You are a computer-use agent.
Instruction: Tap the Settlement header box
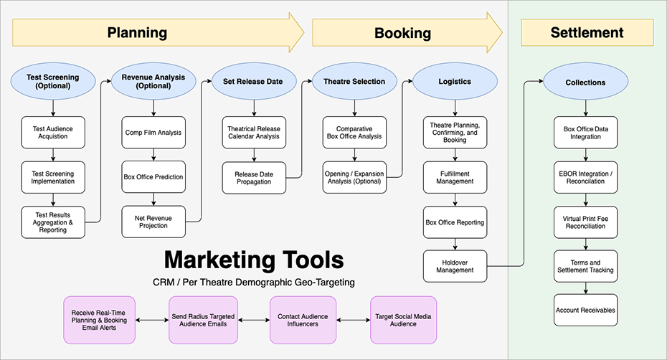pyautogui.click(x=587, y=33)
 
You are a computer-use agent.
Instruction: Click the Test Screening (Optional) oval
pyautogui.click(x=53, y=81)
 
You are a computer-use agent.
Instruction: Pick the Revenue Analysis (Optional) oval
pyautogui.click(x=153, y=81)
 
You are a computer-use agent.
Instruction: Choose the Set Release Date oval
pyautogui.click(x=253, y=81)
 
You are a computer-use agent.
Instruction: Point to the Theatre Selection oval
pyautogui.click(x=354, y=81)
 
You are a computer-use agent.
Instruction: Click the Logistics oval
pyautogui.click(x=454, y=81)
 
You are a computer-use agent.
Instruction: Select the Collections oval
pyautogui.click(x=585, y=82)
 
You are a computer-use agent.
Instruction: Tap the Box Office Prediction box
pyautogui.click(x=153, y=176)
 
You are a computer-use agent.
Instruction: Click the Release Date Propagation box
pyautogui.click(x=253, y=177)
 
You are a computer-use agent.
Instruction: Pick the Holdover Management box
pyautogui.click(x=454, y=265)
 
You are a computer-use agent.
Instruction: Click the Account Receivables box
pyautogui.click(x=585, y=310)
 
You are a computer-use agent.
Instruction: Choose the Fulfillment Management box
pyautogui.click(x=454, y=176)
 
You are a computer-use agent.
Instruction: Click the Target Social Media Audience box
pyautogui.click(x=403, y=319)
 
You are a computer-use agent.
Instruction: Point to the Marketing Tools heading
pyautogui.click(x=254, y=259)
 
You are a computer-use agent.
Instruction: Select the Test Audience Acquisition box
pyautogui.click(x=53, y=132)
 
